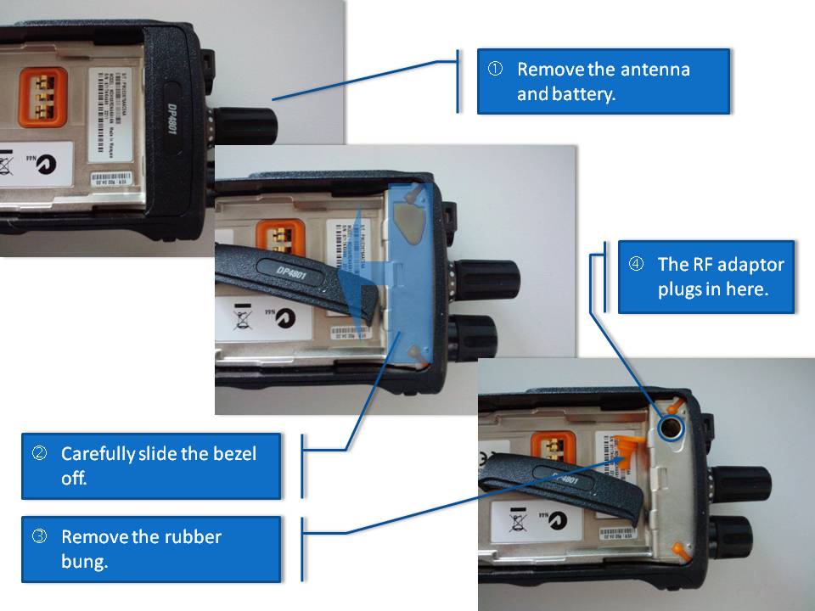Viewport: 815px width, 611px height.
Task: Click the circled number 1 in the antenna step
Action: (495, 69)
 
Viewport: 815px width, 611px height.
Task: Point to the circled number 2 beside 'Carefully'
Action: (40, 453)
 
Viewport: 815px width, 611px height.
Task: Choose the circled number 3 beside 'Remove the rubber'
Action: (40, 536)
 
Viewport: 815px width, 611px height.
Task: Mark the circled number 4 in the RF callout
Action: (636, 263)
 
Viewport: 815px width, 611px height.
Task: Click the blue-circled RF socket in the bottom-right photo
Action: (672, 428)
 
